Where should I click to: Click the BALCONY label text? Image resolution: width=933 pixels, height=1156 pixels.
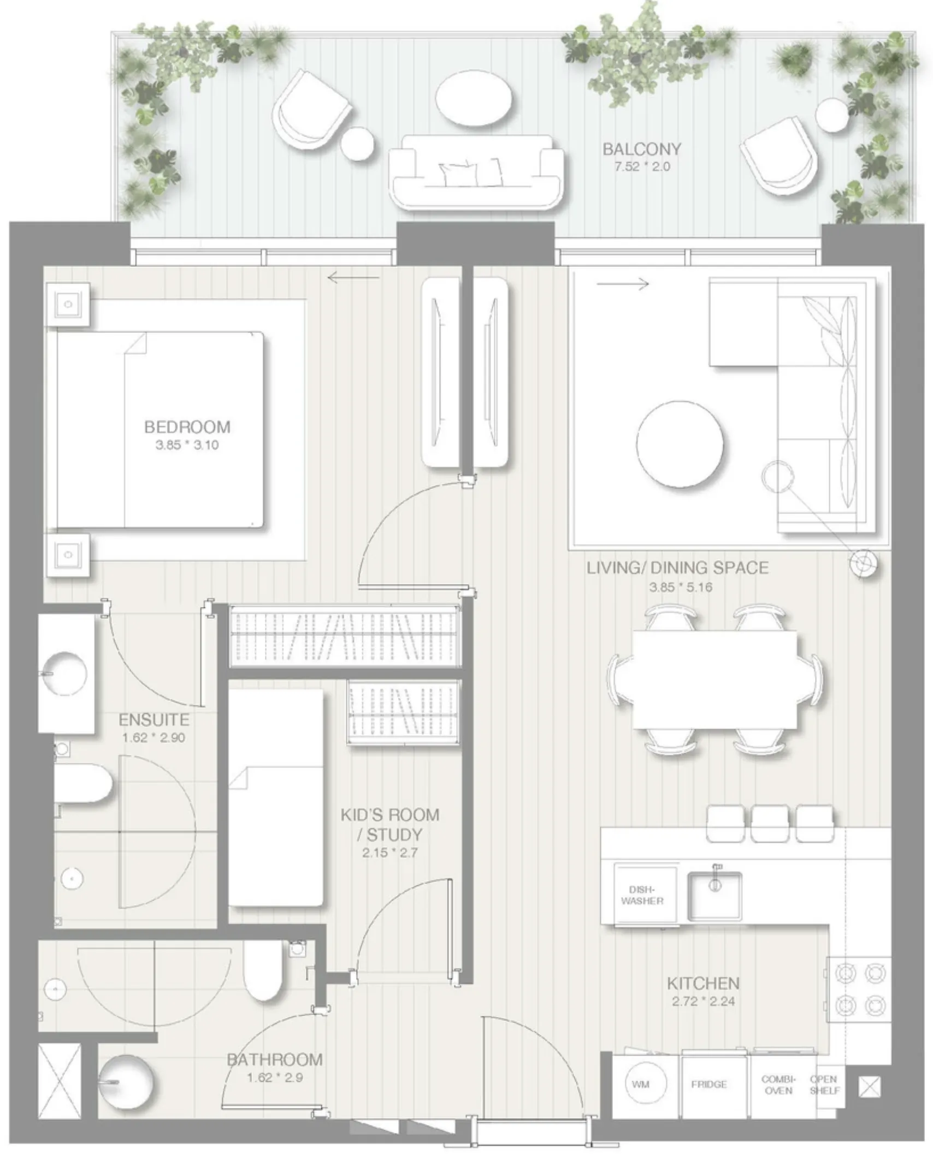point(642,149)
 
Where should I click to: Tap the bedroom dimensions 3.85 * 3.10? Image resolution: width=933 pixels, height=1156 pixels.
point(187,445)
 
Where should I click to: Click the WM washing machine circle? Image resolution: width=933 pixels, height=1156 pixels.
point(641,1084)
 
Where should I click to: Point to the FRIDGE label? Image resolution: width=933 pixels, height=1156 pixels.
point(708,1085)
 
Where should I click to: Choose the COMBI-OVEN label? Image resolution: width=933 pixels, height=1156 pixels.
point(778,1085)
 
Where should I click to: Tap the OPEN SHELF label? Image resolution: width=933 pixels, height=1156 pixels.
point(824,1085)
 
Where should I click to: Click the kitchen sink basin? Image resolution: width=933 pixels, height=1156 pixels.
point(714,896)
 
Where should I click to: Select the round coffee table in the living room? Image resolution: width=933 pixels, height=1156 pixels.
point(680,444)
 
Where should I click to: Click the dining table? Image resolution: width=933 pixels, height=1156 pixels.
point(714,680)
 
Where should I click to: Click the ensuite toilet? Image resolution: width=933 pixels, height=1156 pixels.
point(83,783)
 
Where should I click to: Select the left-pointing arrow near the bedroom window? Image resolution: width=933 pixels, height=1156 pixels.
point(353,278)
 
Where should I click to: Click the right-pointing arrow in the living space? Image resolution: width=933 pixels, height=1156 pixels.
point(622,283)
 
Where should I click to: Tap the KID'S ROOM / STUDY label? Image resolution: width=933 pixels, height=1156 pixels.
point(389,824)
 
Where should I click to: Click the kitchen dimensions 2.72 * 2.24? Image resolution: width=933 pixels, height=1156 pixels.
point(703,1001)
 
